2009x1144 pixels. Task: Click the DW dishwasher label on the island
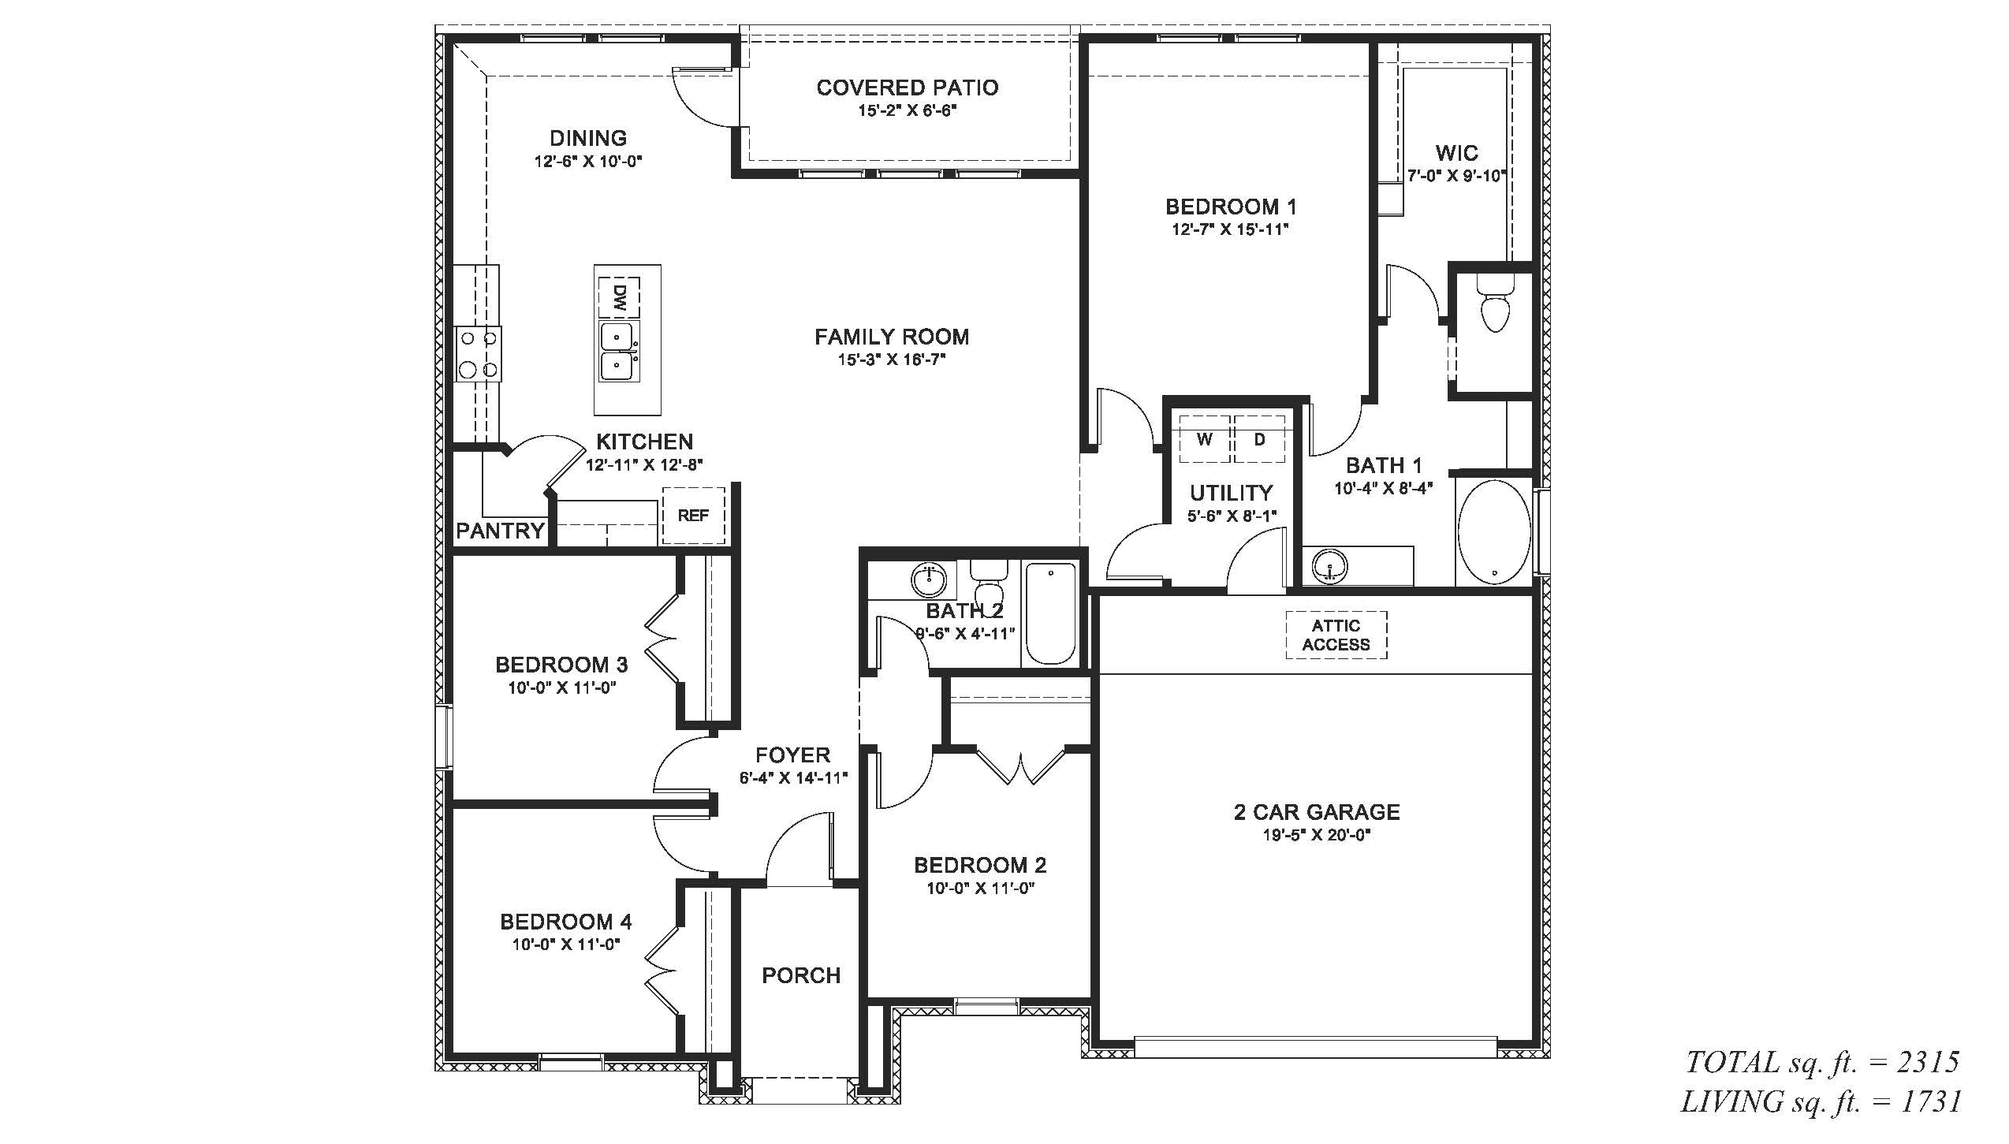click(619, 297)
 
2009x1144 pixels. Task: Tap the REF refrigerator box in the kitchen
click(693, 515)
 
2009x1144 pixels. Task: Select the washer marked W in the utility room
click(1205, 438)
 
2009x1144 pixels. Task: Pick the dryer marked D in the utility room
click(1259, 438)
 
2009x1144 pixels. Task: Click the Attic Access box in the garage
click(1336, 635)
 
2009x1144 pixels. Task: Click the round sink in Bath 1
click(1330, 567)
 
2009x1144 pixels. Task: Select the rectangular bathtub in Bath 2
click(1049, 613)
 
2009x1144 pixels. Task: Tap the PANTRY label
click(501, 531)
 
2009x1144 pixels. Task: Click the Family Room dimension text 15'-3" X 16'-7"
click(892, 360)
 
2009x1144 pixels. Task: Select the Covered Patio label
click(908, 88)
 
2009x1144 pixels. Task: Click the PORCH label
click(801, 976)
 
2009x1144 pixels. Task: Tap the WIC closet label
click(1456, 152)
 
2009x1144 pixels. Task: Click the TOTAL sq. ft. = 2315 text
click(1822, 1063)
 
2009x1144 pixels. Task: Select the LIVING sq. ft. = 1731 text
click(1821, 1101)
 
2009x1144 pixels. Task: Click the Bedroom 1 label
click(1231, 207)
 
